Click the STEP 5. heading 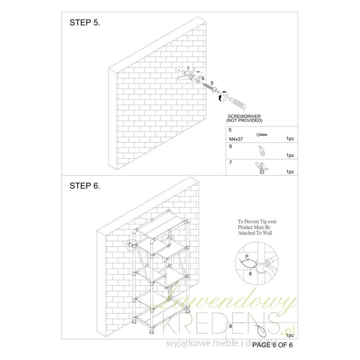(x=85, y=22)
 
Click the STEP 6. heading (x=85, y=186)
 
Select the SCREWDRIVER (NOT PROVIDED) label (x=244, y=118)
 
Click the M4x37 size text (x=236, y=139)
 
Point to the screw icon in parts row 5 (x=262, y=134)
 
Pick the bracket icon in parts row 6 (x=261, y=151)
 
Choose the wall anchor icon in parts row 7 (x=261, y=168)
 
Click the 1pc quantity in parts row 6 (x=290, y=155)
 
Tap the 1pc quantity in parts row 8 (x=290, y=335)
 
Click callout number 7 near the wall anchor (x=188, y=68)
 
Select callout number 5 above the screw (x=212, y=83)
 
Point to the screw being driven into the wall (x=210, y=87)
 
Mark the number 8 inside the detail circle (x=250, y=274)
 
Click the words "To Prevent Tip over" (x=257, y=222)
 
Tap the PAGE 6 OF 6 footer (x=273, y=345)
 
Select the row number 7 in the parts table (x=231, y=162)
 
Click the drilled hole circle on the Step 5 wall (x=178, y=69)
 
